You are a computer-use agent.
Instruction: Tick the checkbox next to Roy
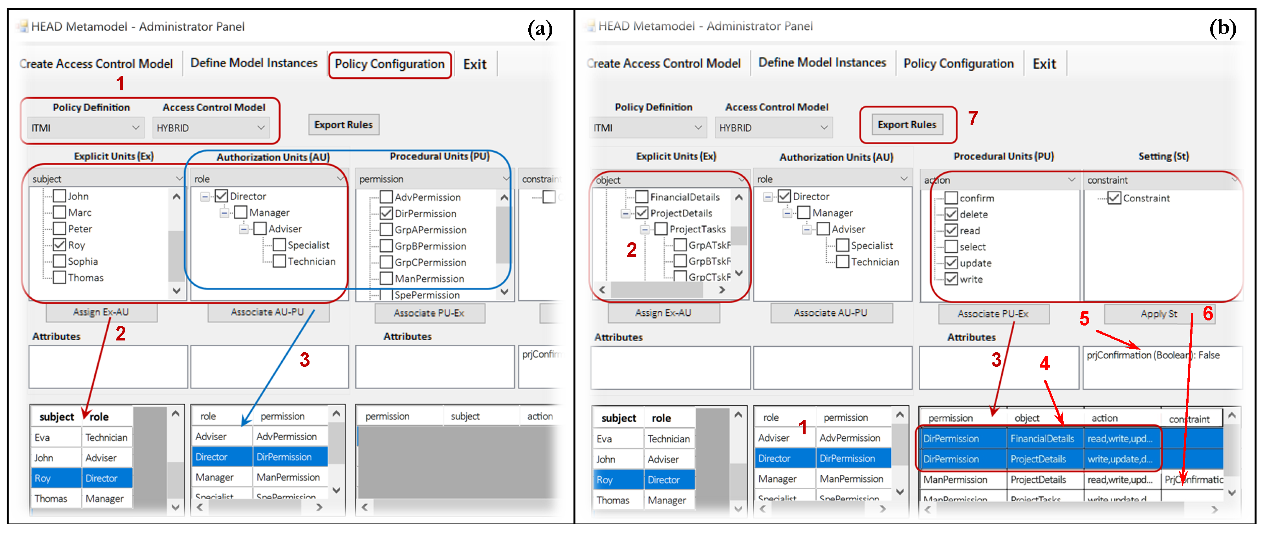tap(59, 245)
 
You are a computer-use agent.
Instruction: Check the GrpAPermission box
tap(386, 229)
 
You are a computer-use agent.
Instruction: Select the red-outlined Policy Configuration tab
tap(390, 64)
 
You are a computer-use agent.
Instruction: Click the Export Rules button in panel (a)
tap(343, 124)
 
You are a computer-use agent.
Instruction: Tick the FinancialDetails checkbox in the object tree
tap(641, 197)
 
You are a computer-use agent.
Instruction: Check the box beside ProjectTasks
tap(661, 229)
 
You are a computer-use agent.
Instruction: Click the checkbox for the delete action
tap(951, 214)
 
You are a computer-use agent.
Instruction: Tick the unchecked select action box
tap(951, 246)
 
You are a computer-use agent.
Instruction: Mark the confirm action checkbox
tap(951, 198)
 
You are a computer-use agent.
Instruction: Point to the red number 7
tap(973, 118)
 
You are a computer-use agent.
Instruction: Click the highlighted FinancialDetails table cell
tap(1042, 438)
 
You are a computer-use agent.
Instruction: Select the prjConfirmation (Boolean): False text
tap(1152, 355)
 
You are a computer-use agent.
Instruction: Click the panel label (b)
tap(1222, 28)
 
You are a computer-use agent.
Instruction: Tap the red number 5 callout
tap(1084, 319)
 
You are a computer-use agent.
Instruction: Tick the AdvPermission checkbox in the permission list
tap(386, 197)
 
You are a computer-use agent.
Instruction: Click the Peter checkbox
tap(59, 229)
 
